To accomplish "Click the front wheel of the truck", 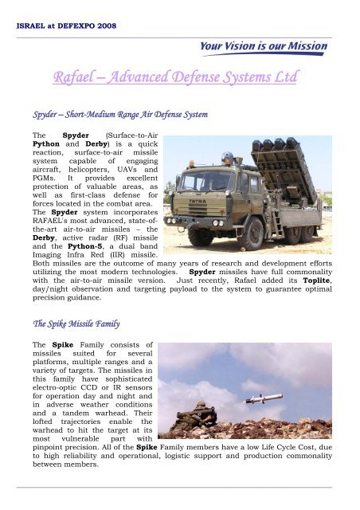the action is [199, 234].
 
